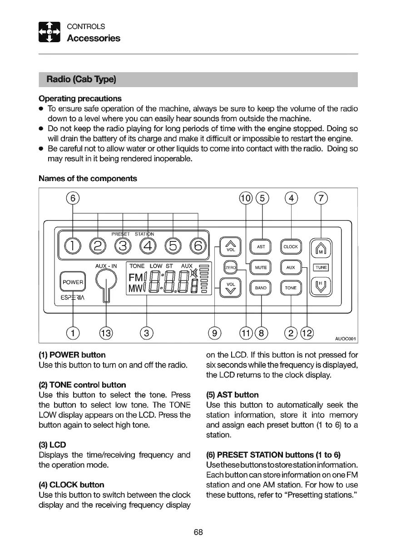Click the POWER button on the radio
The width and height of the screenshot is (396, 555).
(73, 282)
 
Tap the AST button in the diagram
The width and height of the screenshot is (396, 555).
(261, 247)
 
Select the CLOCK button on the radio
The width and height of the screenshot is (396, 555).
(290, 247)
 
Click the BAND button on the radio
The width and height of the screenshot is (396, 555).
(261, 288)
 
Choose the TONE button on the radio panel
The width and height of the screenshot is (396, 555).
(290, 288)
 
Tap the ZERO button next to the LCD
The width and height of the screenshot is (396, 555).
(230, 268)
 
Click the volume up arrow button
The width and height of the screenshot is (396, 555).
(230, 246)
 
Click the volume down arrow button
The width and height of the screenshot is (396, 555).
(230, 288)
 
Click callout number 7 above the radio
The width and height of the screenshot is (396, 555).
(321, 199)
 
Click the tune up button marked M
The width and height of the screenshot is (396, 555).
(321, 247)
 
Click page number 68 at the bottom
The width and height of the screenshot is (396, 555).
(198, 532)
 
